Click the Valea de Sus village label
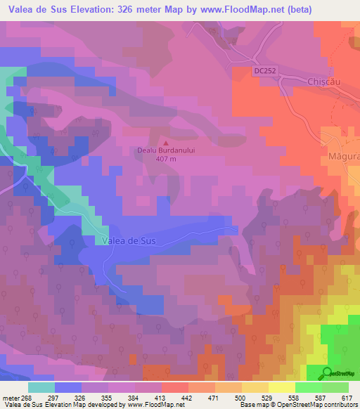129,240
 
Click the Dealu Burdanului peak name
165,149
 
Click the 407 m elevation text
165,157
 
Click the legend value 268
27,398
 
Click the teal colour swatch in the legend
41,387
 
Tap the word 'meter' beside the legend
10,398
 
